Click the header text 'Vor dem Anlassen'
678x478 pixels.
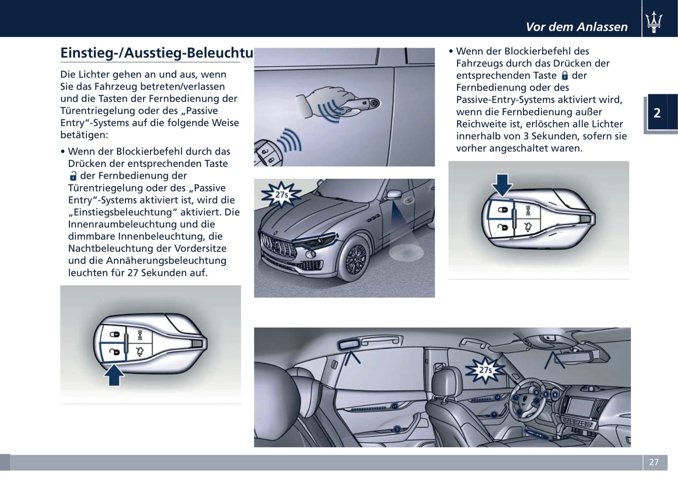pyautogui.click(x=576, y=27)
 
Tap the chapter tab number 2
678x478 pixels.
pyautogui.click(x=657, y=113)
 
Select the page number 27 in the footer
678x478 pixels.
pyautogui.click(x=654, y=462)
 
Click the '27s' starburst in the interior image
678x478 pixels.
pyautogui.click(x=485, y=370)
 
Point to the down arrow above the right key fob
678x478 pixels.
pyautogui.click(x=502, y=184)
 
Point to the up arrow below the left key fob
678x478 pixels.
pyautogui.click(x=114, y=375)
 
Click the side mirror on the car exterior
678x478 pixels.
pyautogui.click(x=394, y=194)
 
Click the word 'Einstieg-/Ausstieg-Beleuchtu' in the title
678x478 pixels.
pyautogui.click(x=157, y=53)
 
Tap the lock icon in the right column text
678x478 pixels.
pyautogui.click(x=564, y=76)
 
